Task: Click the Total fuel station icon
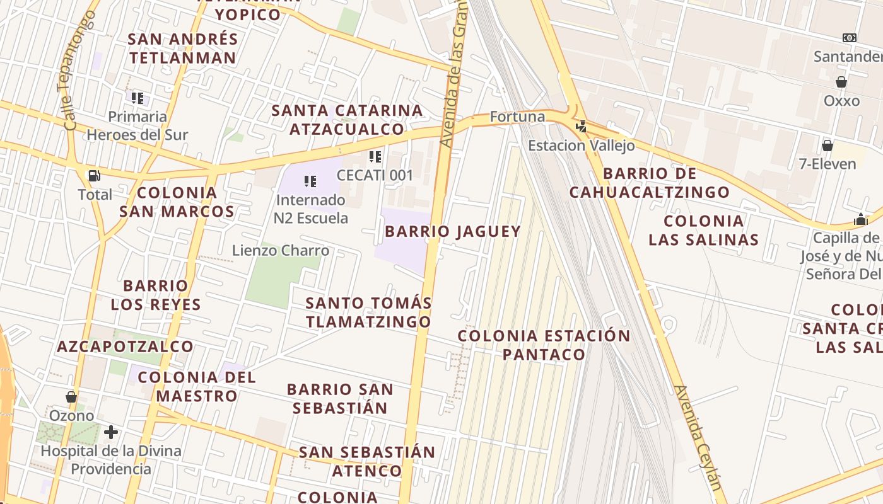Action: click(94, 176)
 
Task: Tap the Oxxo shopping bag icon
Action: click(841, 82)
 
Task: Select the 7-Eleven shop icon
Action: click(827, 146)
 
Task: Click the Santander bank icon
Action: click(850, 38)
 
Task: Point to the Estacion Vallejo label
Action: click(581, 146)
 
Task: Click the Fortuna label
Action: click(517, 117)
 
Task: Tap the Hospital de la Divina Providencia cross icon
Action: click(111, 432)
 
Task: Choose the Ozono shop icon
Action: click(71, 397)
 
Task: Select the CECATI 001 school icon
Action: click(375, 156)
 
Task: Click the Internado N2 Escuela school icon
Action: click(310, 181)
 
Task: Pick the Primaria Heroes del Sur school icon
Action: click(137, 98)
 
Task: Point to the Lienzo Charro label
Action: click(281, 251)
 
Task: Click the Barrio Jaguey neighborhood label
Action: click(453, 231)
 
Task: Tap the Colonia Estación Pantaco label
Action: click(544, 345)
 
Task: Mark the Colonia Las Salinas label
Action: click(703, 230)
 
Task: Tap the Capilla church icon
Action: click(861, 220)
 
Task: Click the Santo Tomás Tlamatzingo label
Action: click(369, 312)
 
